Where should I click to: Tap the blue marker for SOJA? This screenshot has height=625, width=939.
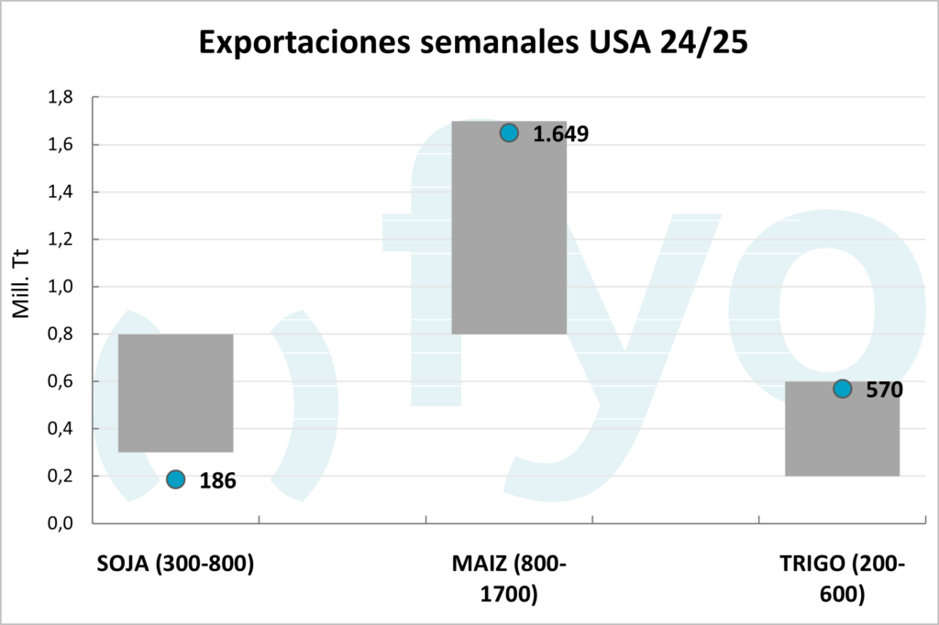[x=176, y=479]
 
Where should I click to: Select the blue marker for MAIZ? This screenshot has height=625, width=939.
[x=509, y=133]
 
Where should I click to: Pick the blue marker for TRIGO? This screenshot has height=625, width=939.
[x=842, y=389]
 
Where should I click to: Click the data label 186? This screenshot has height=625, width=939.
[x=218, y=480]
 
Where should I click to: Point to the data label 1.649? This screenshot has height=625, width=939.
[x=560, y=134]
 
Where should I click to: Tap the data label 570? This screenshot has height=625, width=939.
[x=885, y=389]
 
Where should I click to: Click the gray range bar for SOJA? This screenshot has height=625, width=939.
[x=176, y=392]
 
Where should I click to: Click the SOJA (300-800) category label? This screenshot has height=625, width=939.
[x=175, y=564]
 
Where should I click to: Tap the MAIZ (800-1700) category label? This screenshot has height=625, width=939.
[x=509, y=578]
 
